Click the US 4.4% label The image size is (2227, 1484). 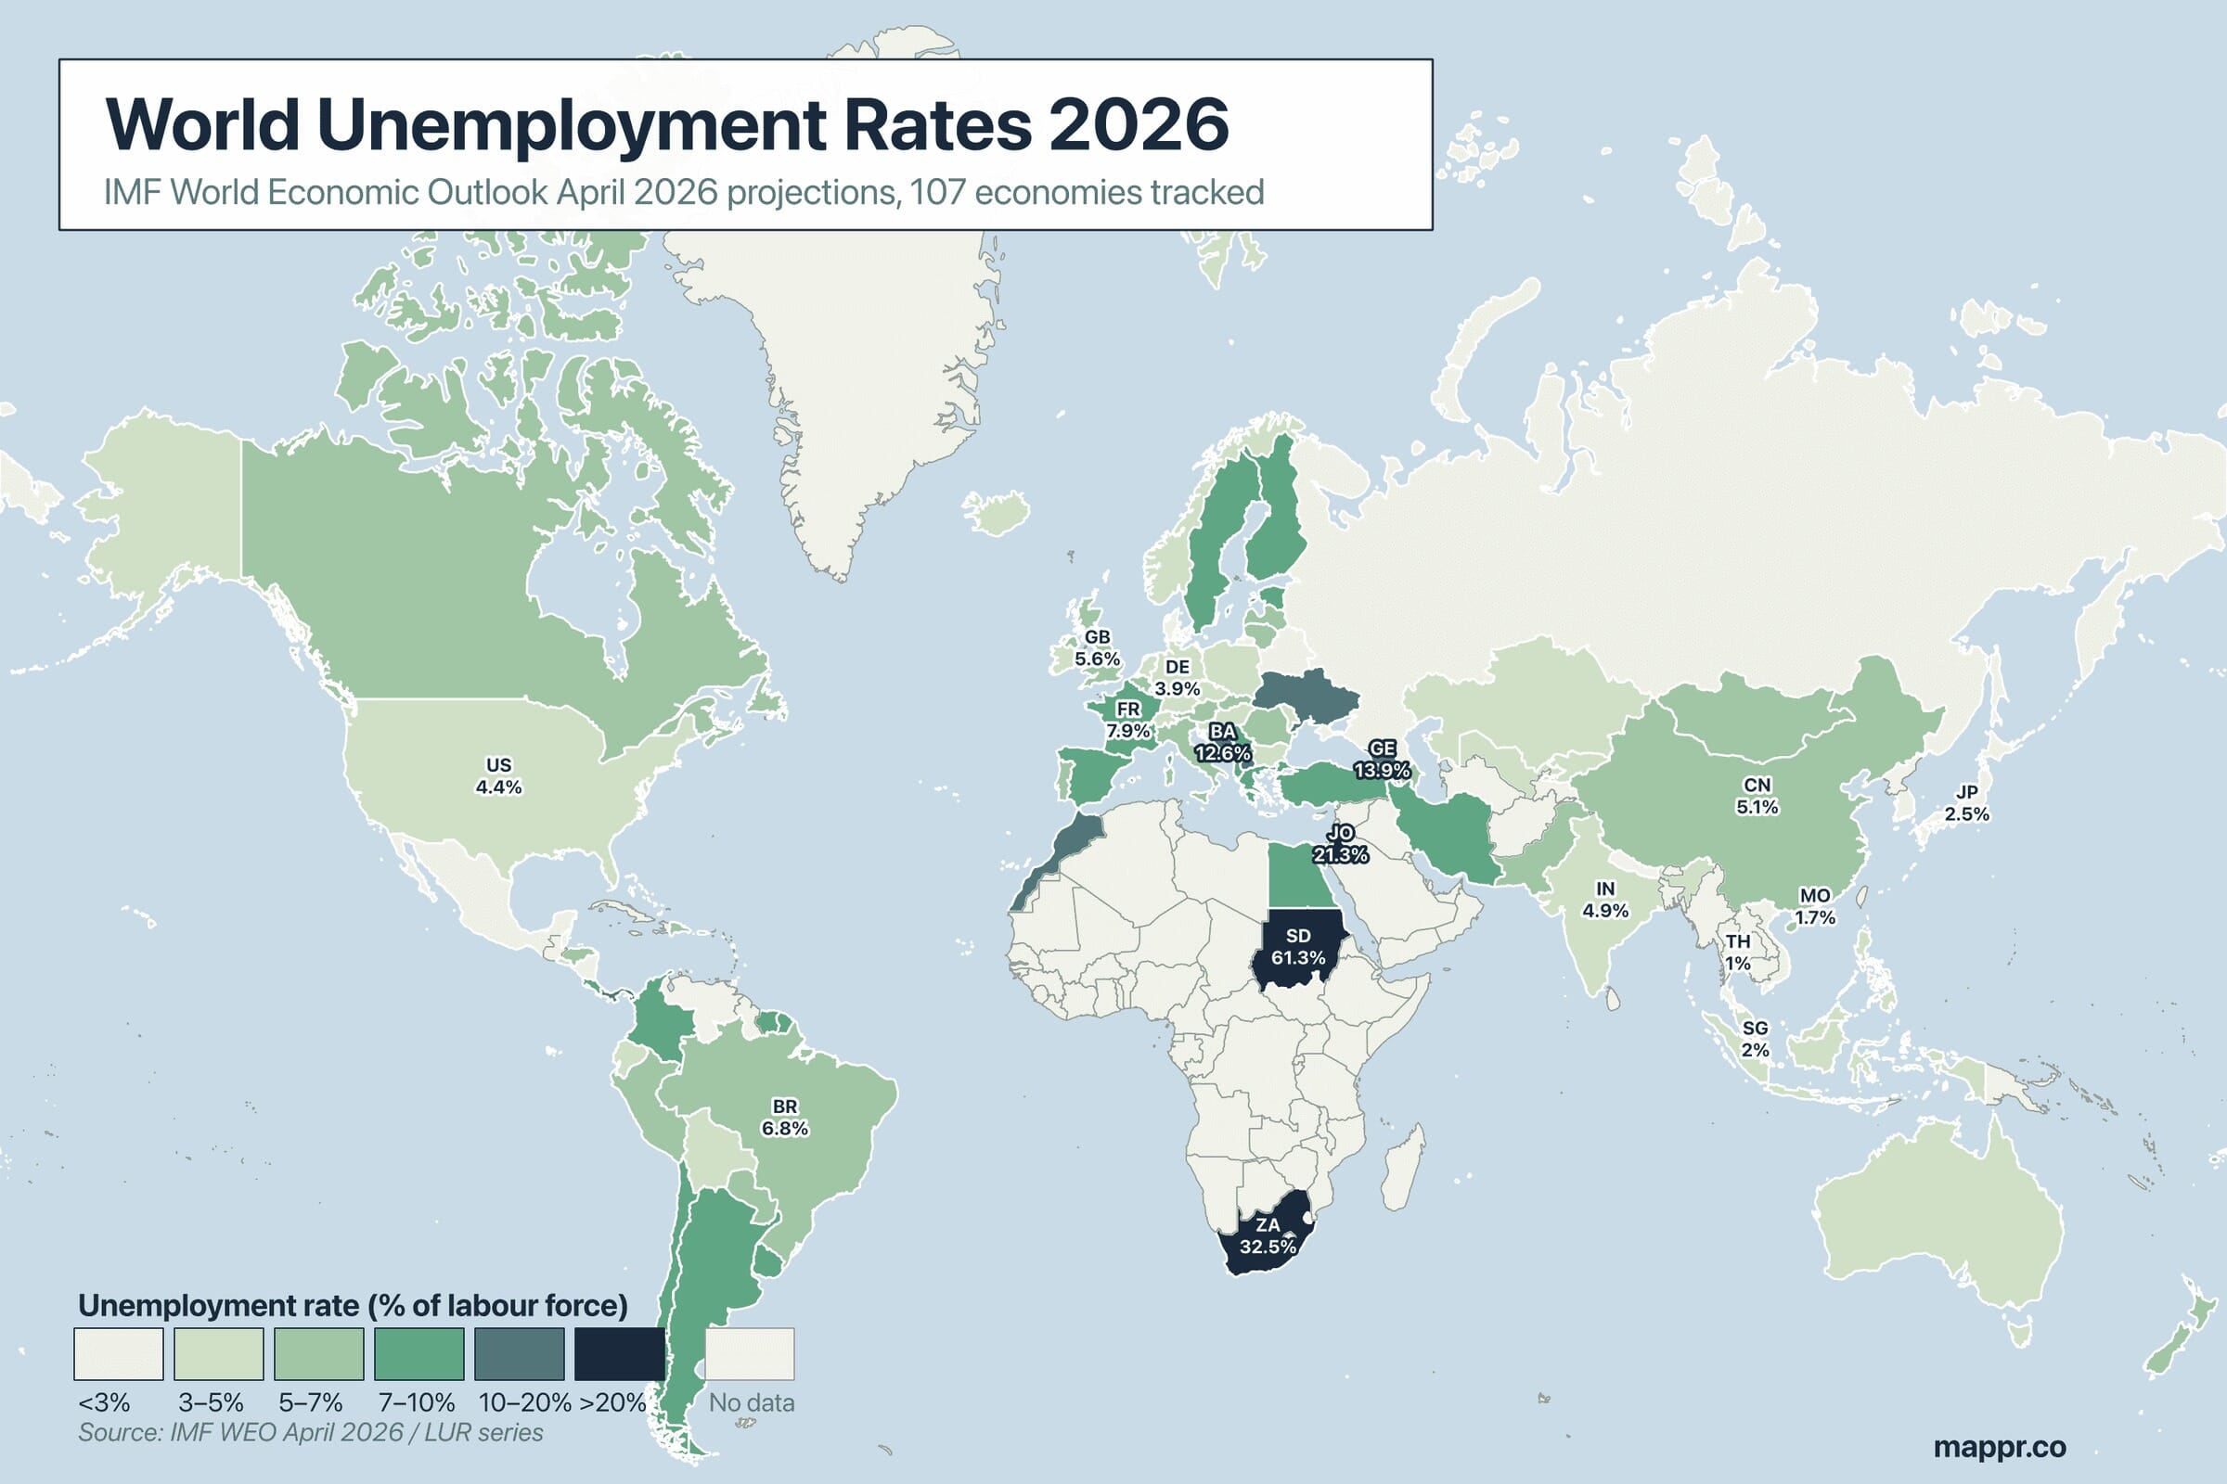coord(498,776)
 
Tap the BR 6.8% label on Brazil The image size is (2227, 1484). coord(784,1118)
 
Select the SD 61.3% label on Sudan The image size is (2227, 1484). coord(1297,946)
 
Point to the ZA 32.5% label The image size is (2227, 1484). coord(1267,1236)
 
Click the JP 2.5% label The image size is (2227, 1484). coord(1966,803)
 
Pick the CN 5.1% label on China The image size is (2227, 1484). coord(1757,796)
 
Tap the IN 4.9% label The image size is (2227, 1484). coord(1605,900)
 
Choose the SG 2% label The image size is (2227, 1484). coord(1755,1038)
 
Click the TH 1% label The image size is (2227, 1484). coord(1737,953)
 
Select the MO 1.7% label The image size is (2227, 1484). coord(1815,906)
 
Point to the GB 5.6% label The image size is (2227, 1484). coord(1097,648)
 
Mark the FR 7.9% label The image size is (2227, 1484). coord(1127,721)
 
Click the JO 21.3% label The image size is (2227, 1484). coord(1340,844)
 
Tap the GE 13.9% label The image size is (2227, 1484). coord(1382,760)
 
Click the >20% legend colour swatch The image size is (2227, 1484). coord(619,1353)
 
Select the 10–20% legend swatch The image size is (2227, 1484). coord(519,1353)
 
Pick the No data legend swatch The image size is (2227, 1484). coord(749,1353)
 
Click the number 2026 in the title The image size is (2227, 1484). coord(1139,125)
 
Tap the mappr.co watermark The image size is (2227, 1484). coord(1999,1446)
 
